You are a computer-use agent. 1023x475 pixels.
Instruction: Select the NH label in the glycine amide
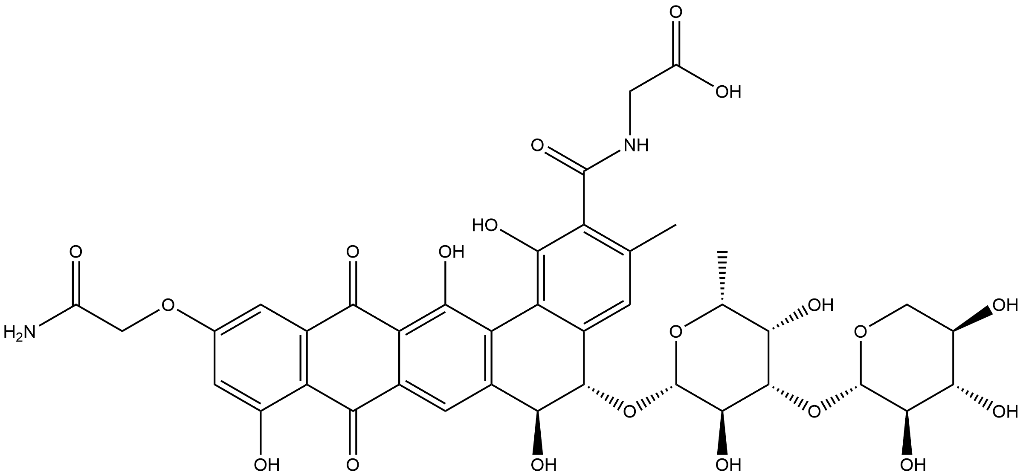point(635,145)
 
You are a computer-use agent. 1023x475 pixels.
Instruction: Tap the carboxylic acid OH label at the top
point(729,92)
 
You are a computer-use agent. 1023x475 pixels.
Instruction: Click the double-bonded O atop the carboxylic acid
point(675,25)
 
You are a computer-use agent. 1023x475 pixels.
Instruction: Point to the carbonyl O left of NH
point(538,145)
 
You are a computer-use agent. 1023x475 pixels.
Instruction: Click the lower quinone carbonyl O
point(352,464)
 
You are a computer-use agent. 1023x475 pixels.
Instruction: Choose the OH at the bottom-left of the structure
point(267,464)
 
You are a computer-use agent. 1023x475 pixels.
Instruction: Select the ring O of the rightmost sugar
point(861,331)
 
